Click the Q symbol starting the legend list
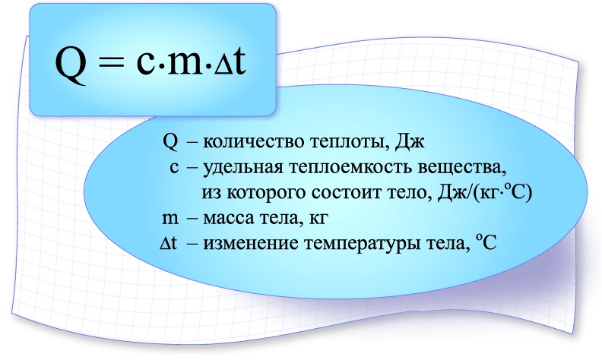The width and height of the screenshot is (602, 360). (170, 142)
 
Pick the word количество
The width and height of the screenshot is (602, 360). (253, 142)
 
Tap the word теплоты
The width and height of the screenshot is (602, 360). (348, 143)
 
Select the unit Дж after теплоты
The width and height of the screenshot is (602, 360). (409, 142)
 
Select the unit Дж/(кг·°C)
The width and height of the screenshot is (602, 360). (485, 192)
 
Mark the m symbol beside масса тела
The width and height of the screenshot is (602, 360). (170, 219)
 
